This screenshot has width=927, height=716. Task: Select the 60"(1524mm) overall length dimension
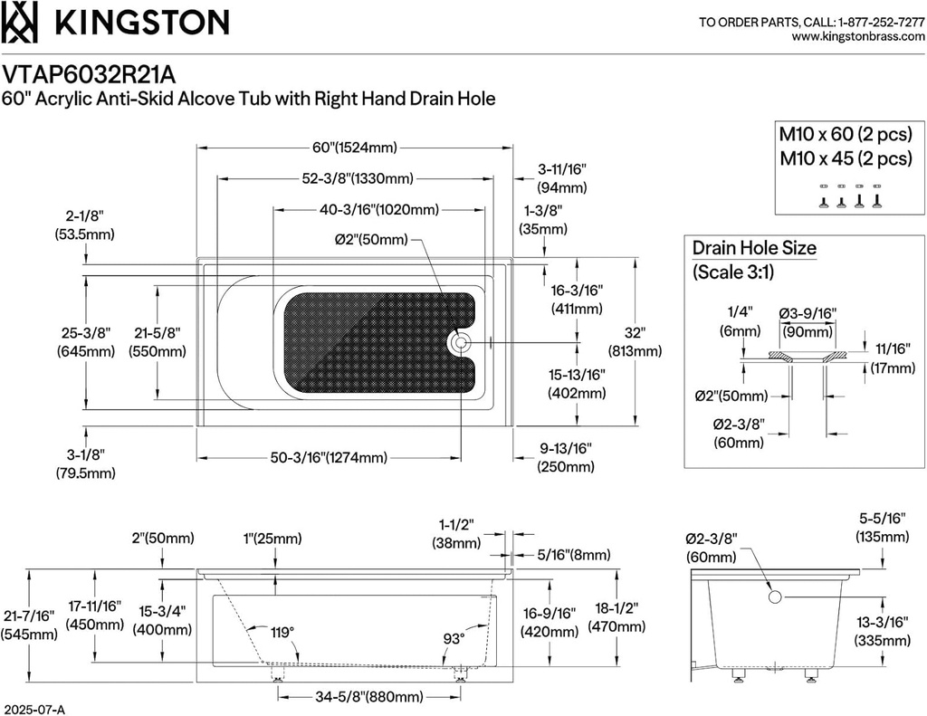coord(355,148)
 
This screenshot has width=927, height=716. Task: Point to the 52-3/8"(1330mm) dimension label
coord(357,177)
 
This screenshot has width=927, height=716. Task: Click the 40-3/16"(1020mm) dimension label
coord(379,210)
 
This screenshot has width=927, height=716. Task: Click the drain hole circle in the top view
coord(460,342)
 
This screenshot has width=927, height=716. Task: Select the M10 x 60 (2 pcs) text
coord(846,135)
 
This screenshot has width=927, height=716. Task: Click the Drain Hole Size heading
coord(754,248)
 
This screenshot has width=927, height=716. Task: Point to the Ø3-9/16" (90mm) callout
coord(808,322)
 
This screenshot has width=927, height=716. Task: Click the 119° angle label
coord(282,634)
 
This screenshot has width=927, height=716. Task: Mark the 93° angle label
coord(454,639)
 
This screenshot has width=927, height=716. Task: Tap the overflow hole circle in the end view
coord(775,597)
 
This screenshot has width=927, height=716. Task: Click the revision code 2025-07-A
coord(33,710)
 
